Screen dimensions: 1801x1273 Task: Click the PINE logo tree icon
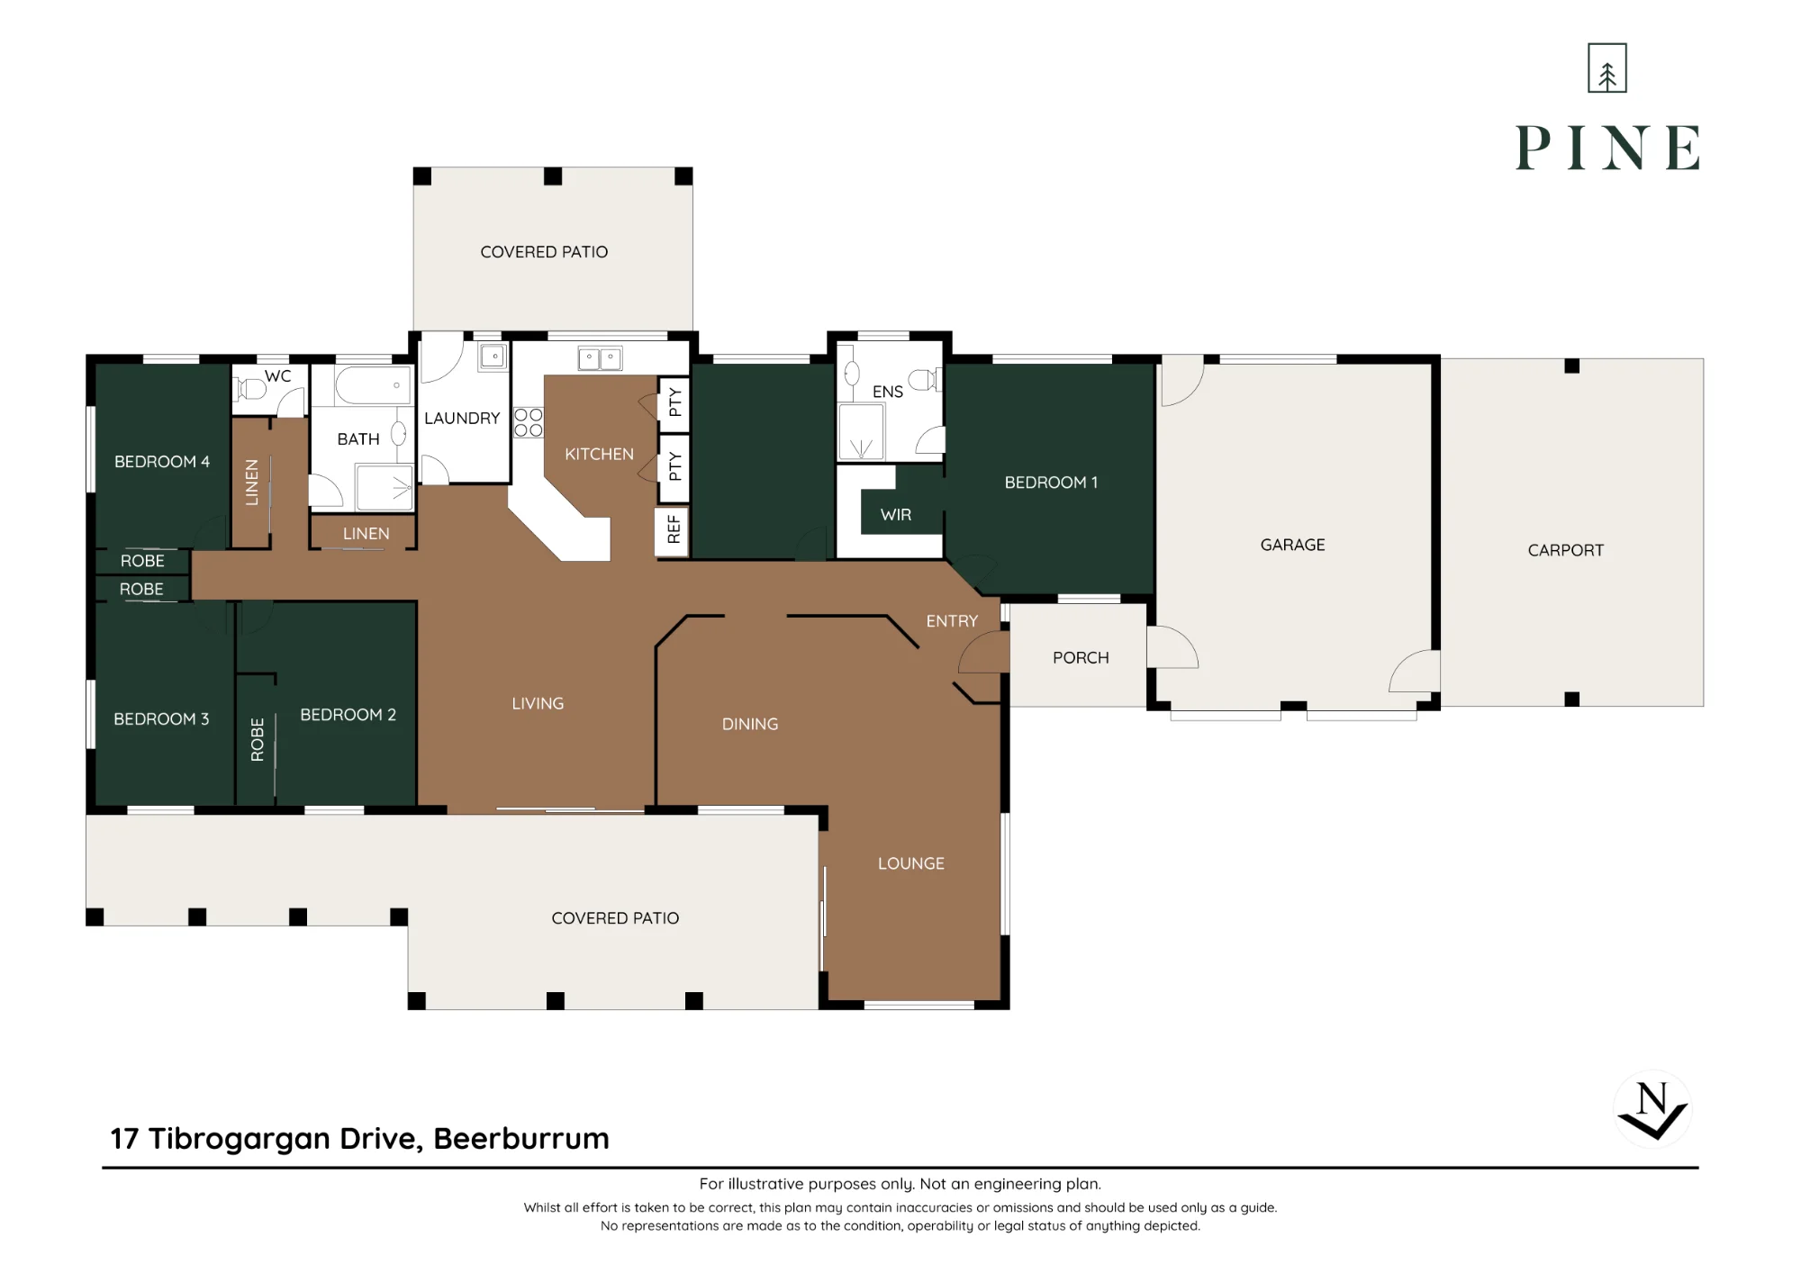point(1607,68)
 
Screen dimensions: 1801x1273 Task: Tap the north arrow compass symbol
point(1652,1109)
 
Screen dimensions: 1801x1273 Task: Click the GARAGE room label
point(1292,545)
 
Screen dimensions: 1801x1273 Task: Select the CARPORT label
point(1566,550)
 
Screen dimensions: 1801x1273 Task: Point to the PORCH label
point(1081,658)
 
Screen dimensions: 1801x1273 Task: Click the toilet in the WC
point(249,390)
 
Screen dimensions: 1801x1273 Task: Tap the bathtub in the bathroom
point(373,385)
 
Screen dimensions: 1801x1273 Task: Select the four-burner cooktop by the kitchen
point(529,422)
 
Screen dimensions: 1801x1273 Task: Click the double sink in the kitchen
point(600,358)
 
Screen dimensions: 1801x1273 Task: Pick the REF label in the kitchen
point(674,528)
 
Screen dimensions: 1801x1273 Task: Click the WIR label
point(896,515)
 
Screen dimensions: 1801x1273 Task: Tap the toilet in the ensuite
point(925,380)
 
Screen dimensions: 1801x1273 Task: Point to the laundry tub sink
point(493,357)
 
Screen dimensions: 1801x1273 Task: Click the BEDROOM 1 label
point(1051,483)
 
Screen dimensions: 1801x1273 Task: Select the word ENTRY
point(952,621)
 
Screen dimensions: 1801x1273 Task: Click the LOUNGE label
point(911,863)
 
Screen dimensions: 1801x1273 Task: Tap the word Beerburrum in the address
point(521,1138)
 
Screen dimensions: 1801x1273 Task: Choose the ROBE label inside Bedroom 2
point(258,740)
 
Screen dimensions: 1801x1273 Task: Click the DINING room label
point(750,724)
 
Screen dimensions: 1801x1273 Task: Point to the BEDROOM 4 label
point(162,462)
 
